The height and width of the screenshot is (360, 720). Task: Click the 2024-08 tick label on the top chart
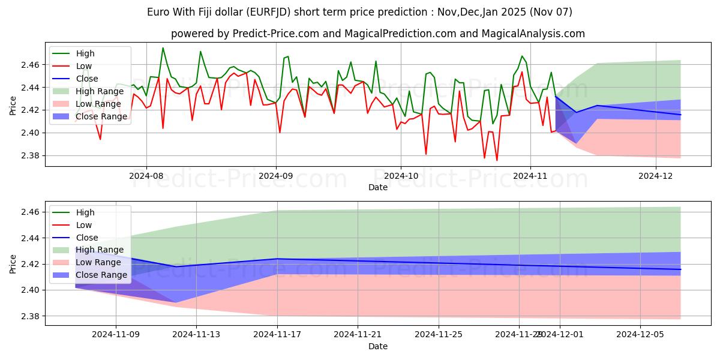(x=146, y=176)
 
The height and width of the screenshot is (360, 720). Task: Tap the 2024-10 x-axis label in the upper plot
(x=401, y=176)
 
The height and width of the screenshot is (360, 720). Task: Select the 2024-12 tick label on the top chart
(x=656, y=176)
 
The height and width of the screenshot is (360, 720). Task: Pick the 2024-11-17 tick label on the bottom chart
(x=277, y=334)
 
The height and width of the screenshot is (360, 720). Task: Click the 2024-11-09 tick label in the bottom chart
(x=116, y=334)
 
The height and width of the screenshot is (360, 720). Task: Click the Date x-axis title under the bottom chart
(x=378, y=346)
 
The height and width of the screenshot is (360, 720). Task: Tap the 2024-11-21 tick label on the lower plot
(x=358, y=334)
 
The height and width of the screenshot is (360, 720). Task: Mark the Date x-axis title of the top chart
(x=378, y=187)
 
